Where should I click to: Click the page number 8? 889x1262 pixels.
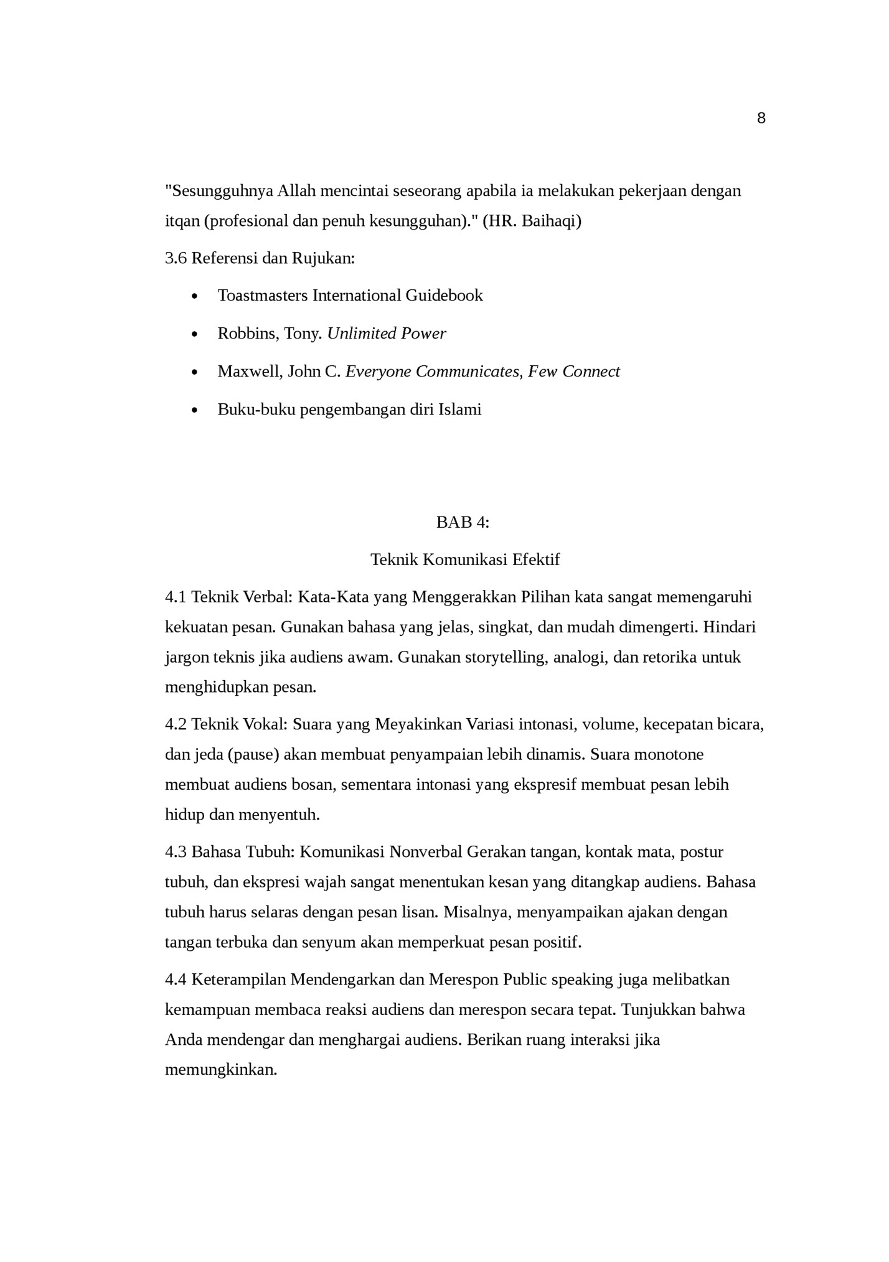(761, 118)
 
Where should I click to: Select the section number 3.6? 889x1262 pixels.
(176, 258)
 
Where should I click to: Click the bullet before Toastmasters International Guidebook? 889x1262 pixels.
(195, 297)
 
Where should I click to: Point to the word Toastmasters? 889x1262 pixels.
(263, 296)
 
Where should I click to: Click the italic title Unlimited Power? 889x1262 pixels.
(387, 334)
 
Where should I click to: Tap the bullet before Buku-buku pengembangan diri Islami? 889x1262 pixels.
(195, 411)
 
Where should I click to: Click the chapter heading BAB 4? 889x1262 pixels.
(463, 522)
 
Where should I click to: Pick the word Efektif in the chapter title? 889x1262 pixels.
(536, 559)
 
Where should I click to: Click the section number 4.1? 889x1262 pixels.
(176, 597)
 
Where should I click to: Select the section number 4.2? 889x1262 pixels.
(176, 724)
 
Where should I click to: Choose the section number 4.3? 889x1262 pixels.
(176, 852)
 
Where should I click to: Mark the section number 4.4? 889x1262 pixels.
(176, 979)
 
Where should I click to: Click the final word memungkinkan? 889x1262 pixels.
(220, 1070)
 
